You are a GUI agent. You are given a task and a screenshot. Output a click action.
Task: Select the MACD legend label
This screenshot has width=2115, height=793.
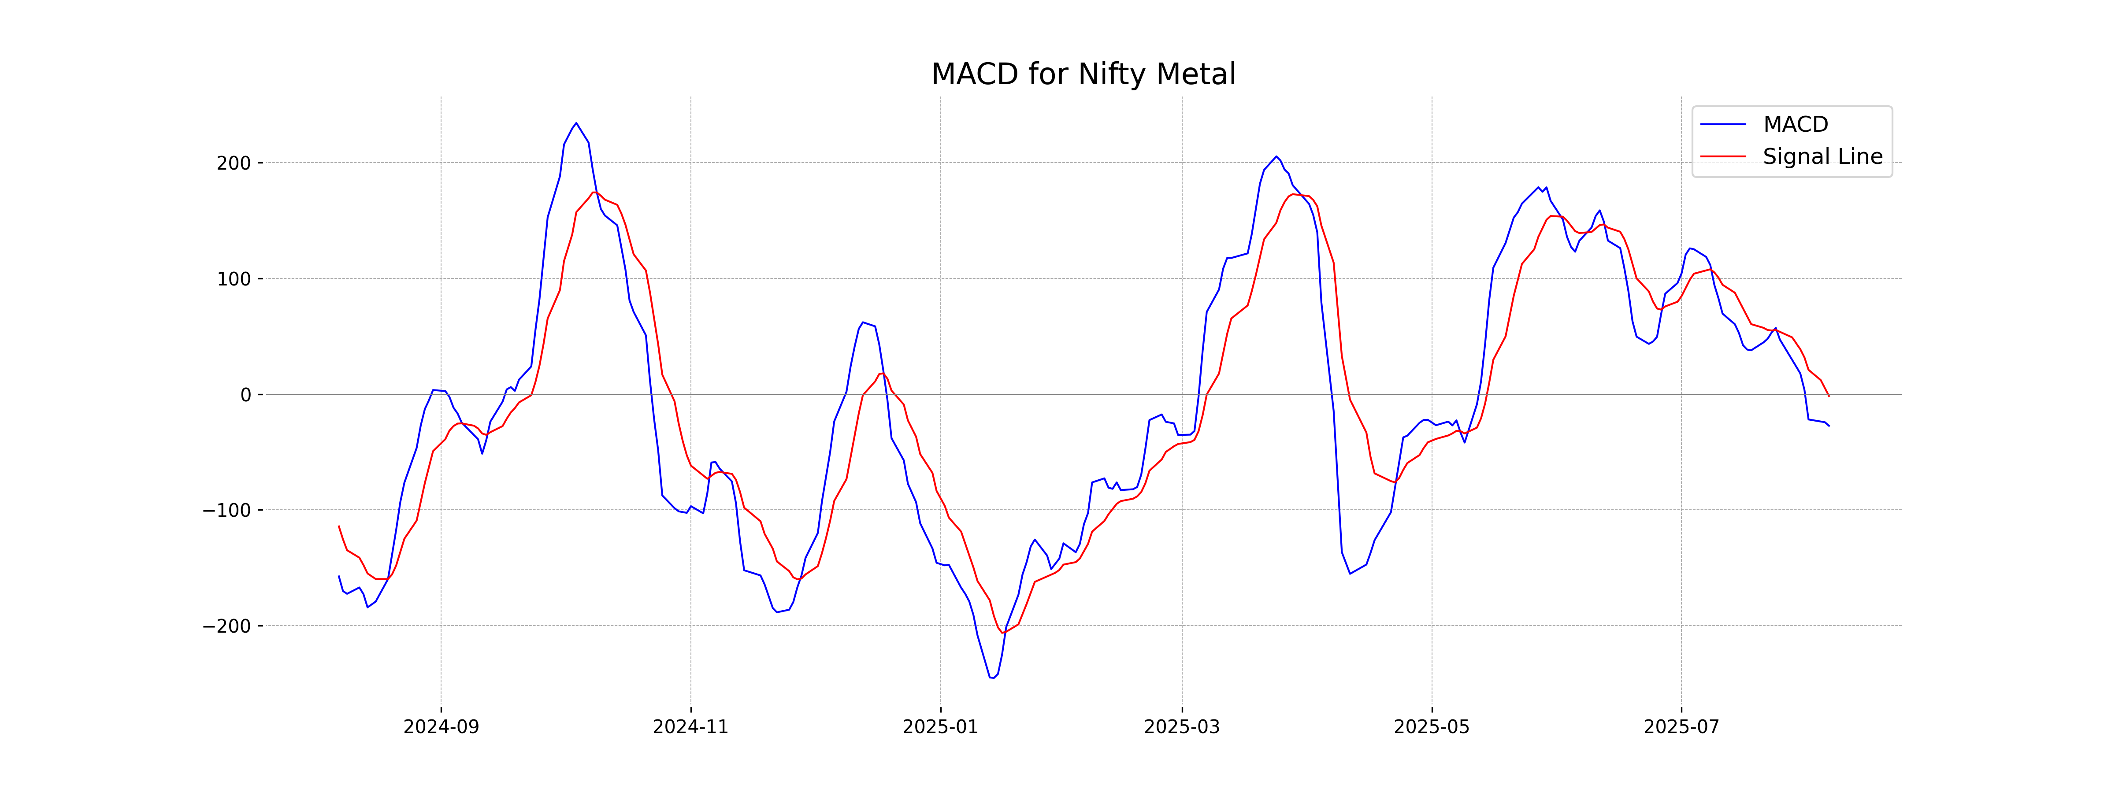click(x=1796, y=125)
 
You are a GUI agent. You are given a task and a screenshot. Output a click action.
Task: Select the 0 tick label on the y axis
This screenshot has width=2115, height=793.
click(x=245, y=395)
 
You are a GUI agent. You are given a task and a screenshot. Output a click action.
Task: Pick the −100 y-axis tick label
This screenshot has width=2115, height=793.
click(x=226, y=511)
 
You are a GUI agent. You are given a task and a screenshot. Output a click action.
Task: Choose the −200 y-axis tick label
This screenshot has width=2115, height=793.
click(x=226, y=626)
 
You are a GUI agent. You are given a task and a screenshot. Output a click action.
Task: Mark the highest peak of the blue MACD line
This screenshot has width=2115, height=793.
click(x=576, y=123)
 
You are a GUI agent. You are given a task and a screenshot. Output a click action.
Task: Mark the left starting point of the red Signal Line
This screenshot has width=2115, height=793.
click(x=339, y=526)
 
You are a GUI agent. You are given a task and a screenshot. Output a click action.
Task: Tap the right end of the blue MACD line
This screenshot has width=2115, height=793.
click(x=1829, y=426)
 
